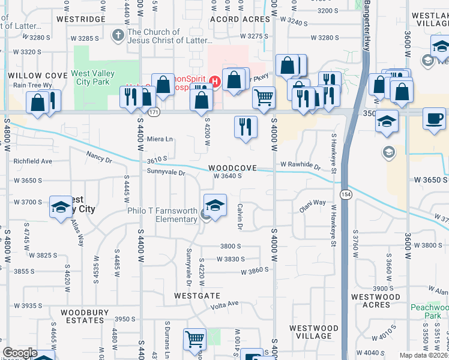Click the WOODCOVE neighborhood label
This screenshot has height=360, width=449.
point(233,168)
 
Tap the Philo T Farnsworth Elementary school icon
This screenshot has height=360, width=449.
point(215,205)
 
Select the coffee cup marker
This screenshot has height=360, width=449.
point(434,118)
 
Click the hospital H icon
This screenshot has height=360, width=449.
point(215,79)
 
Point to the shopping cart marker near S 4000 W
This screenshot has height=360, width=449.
point(264,97)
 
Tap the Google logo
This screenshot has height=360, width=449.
point(20,353)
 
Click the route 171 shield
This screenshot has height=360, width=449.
point(154,112)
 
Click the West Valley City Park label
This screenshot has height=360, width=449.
point(93,78)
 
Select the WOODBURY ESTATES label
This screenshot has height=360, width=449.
point(81,316)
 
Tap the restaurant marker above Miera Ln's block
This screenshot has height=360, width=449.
point(245,127)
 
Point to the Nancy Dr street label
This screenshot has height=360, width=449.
point(99,157)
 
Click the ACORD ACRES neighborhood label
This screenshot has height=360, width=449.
point(240,19)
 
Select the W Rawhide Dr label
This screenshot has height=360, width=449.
point(300,165)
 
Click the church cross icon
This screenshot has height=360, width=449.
point(118,35)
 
